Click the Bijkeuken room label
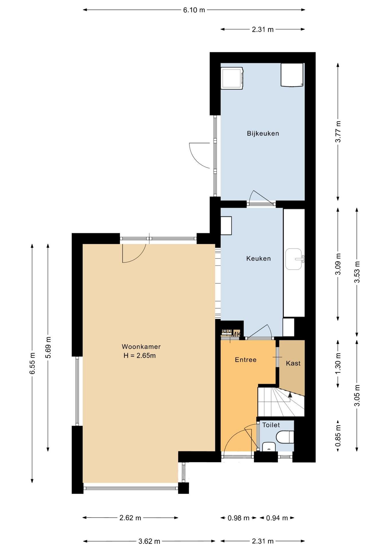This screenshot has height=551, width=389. (x=263, y=133)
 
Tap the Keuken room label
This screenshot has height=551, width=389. (x=258, y=259)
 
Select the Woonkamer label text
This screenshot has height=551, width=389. (x=141, y=346)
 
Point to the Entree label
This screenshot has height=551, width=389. (x=245, y=360)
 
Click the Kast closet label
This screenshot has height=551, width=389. (x=293, y=363)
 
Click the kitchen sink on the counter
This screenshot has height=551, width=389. (x=294, y=259)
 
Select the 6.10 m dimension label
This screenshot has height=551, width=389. (x=194, y=10)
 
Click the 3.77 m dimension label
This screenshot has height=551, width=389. (x=338, y=132)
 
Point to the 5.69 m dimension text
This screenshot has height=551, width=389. (x=48, y=347)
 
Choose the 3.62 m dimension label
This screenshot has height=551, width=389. (x=149, y=541)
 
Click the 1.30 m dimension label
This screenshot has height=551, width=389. (x=338, y=364)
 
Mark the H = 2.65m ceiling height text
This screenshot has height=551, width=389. (x=140, y=356)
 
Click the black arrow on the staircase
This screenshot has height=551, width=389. (x=290, y=395)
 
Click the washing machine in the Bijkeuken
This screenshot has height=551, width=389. (x=232, y=78)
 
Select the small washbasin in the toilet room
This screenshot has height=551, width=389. (x=269, y=447)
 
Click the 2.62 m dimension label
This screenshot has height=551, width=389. (x=130, y=518)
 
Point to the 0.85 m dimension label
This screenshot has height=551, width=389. (x=338, y=436)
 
